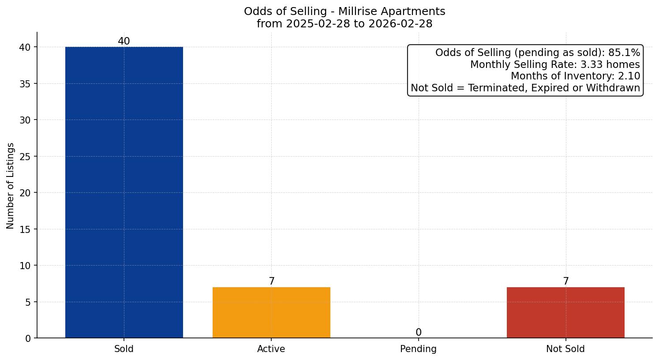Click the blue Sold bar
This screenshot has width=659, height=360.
click(124, 192)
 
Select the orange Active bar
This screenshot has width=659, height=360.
click(271, 312)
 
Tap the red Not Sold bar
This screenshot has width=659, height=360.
click(565, 312)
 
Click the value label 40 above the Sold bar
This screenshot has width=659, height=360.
click(124, 41)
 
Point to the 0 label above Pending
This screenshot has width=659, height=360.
click(418, 333)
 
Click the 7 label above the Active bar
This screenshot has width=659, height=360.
click(271, 281)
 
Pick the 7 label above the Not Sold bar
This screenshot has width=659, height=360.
click(565, 281)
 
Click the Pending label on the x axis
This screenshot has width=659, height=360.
click(418, 349)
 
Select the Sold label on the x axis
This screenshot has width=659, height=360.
click(124, 349)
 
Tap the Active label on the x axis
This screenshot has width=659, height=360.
click(271, 349)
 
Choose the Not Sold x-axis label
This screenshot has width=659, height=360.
click(565, 349)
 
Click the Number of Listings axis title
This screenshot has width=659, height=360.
click(11, 186)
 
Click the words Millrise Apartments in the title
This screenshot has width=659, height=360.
click(392, 11)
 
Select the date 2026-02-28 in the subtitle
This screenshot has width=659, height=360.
click(401, 24)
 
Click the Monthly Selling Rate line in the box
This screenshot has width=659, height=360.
click(555, 64)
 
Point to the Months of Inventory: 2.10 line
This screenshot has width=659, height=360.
click(575, 76)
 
